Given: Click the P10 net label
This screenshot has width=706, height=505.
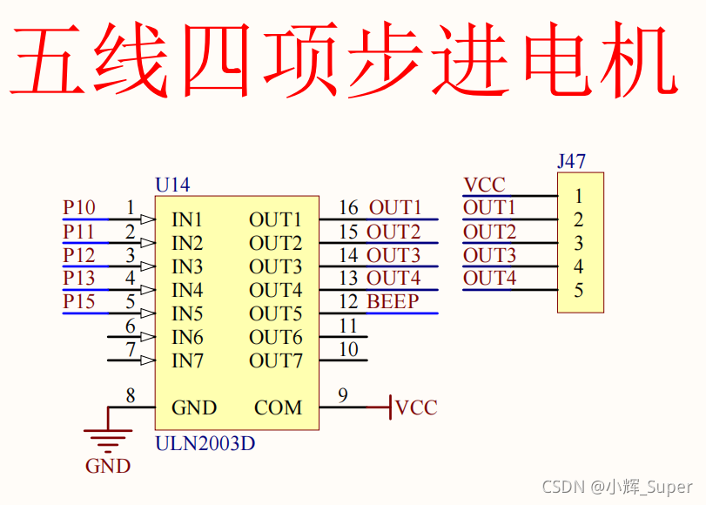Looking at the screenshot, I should click(x=79, y=208).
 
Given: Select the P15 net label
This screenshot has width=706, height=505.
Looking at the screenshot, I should click(x=79, y=302).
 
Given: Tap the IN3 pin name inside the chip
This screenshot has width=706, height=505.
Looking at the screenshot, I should click(x=187, y=266).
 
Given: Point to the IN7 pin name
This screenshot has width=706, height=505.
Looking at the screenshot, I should click(x=187, y=360).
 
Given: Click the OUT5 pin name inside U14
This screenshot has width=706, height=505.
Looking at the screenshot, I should click(x=276, y=313).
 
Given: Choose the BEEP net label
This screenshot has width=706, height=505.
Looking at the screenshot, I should click(x=393, y=302).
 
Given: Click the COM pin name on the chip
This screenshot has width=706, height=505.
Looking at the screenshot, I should click(x=279, y=407).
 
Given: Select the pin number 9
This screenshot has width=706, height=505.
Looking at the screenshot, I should click(x=343, y=396).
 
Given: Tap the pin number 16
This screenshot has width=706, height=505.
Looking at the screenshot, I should click(x=348, y=208).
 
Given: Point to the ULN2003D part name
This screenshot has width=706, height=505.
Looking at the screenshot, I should click(x=205, y=443).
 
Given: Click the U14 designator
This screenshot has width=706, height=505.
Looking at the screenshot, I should click(x=172, y=185).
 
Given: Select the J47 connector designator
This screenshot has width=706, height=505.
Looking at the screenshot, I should click(x=571, y=161).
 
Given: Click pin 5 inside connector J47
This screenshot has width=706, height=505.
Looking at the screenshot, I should click(x=579, y=291).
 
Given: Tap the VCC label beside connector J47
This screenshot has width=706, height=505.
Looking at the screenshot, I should click(x=484, y=185).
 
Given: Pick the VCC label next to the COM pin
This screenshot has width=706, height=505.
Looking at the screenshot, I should click(x=416, y=407).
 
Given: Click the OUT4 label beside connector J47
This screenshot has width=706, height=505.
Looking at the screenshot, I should click(x=489, y=279).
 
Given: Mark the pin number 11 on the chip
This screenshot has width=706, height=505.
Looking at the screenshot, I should click(x=348, y=326).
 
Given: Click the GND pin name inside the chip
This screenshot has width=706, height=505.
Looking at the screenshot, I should click(x=194, y=407).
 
